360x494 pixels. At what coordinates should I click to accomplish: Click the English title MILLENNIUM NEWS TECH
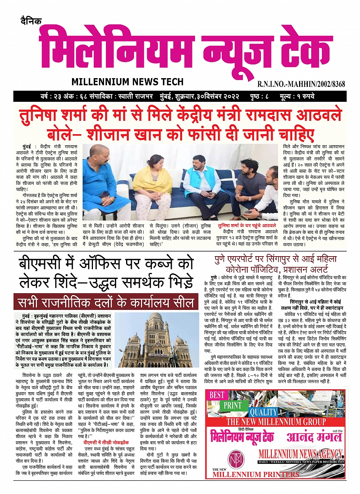click(127, 82)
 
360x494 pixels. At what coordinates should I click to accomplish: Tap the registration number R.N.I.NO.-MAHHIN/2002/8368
click(301, 84)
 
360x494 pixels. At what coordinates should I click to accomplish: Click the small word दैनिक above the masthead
click(31, 21)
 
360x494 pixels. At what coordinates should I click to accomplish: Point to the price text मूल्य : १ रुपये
click(296, 96)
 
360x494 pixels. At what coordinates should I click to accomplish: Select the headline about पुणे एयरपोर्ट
click(275, 263)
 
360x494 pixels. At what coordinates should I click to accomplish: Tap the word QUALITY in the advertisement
click(263, 412)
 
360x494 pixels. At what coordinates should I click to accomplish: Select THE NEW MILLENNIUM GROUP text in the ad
click(276, 422)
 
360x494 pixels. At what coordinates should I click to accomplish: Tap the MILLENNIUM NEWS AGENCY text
click(300, 454)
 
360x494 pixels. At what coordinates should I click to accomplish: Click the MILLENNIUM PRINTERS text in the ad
click(256, 474)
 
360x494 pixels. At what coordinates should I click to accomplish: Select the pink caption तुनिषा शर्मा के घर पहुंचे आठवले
click(247, 226)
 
